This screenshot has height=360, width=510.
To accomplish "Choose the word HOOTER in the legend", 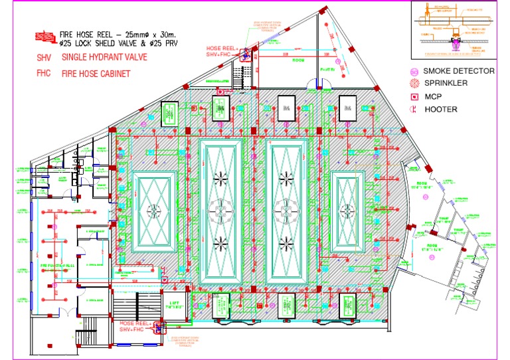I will pyautogui.click(x=441, y=109).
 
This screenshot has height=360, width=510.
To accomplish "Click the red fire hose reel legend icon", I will pyautogui.click(x=45, y=36).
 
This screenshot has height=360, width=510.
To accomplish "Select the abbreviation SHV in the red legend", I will pyautogui.click(x=44, y=58).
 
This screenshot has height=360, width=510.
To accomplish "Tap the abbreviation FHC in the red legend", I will pyautogui.click(x=44, y=74).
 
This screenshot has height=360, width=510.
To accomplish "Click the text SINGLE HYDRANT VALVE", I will pyautogui.click(x=105, y=58).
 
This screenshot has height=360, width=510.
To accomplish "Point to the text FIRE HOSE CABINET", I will pyautogui.click(x=96, y=74).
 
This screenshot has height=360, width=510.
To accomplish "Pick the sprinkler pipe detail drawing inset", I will pyautogui.click(x=456, y=29).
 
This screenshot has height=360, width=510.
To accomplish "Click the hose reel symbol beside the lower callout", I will pyautogui.click(x=159, y=326).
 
